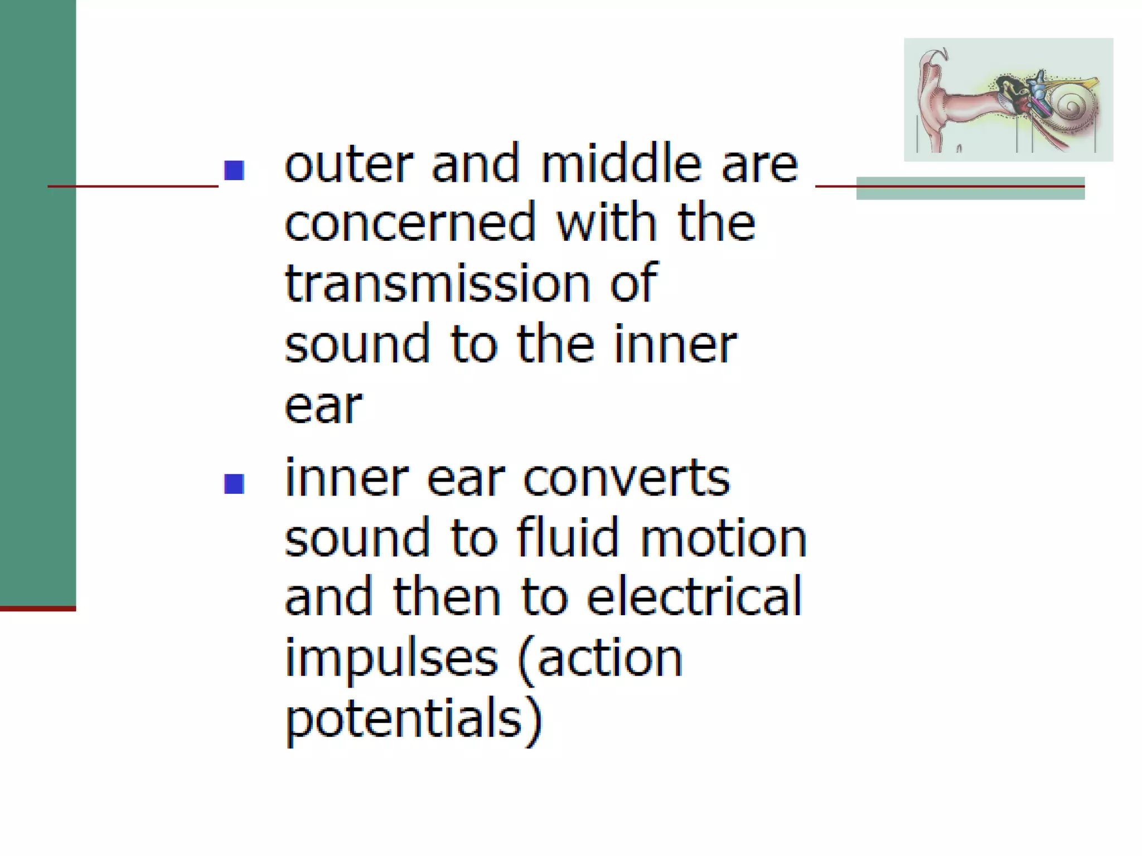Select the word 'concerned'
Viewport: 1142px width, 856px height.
pos(410,223)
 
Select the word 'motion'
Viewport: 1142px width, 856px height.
pos(723,538)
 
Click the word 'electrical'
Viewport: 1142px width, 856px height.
pos(694,596)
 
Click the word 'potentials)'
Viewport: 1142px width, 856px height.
pos(413,719)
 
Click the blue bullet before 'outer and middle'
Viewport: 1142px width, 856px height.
pos(234,171)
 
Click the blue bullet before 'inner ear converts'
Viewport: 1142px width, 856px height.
pos(234,484)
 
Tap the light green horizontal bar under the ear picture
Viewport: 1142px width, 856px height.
pos(970,193)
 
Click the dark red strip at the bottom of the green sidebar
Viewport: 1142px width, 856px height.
pos(37,609)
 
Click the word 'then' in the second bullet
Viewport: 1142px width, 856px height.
pos(447,596)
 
